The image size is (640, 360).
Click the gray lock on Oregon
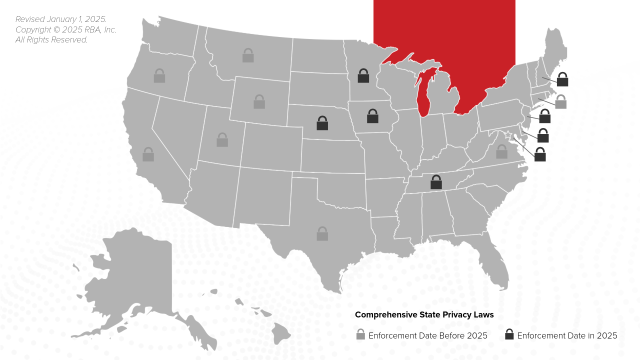pyautogui.click(x=159, y=76)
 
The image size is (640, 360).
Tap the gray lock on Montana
pyautogui.click(x=248, y=55)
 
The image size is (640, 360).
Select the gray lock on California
pyautogui.click(x=148, y=154)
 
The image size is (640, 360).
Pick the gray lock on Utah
pyautogui.click(x=222, y=140)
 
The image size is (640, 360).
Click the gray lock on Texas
pyautogui.click(x=322, y=234)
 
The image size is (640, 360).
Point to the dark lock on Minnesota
pyautogui.click(x=363, y=76)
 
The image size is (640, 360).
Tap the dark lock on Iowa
pyautogui.click(x=372, y=116)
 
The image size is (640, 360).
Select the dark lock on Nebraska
pyautogui.click(x=322, y=123)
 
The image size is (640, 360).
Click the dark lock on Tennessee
pyautogui.click(x=436, y=182)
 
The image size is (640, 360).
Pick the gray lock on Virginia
pyautogui.click(x=501, y=152)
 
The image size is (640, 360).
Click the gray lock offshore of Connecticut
pyautogui.click(x=561, y=102)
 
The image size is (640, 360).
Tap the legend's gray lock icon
pyautogui.click(x=360, y=335)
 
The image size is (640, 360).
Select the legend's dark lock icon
pyautogui.click(x=509, y=335)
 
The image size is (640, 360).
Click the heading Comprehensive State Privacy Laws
pyautogui.click(x=424, y=315)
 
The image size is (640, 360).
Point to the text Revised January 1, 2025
pyautogui.click(x=61, y=19)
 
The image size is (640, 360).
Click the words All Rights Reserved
pyautogui.click(x=51, y=40)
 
